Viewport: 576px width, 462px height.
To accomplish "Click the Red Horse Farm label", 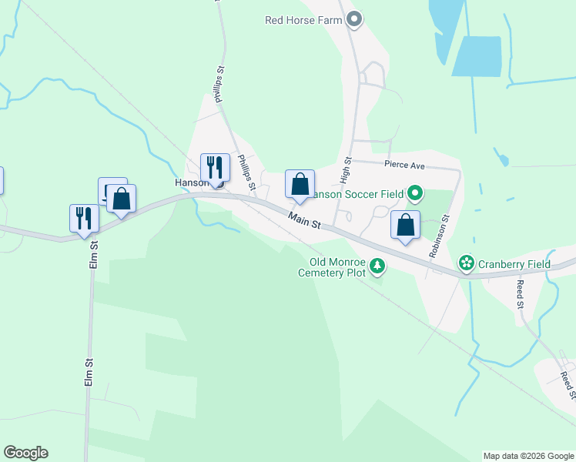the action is click(x=303, y=20).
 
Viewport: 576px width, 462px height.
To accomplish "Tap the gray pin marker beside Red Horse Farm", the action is click(x=354, y=19).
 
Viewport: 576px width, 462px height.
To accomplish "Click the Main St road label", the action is click(x=304, y=220).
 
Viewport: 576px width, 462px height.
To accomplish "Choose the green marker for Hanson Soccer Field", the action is click(x=415, y=192).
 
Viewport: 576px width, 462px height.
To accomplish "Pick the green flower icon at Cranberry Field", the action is click(x=467, y=264).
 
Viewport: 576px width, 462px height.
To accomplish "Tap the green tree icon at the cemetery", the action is click(x=377, y=266).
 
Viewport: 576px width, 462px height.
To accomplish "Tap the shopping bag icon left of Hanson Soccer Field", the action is click(x=300, y=184).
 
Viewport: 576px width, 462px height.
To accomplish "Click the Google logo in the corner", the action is click(x=25, y=453).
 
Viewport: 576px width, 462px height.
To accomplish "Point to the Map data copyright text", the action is click(x=527, y=456).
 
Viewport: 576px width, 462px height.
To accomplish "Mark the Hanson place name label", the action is click(x=190, y=182).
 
